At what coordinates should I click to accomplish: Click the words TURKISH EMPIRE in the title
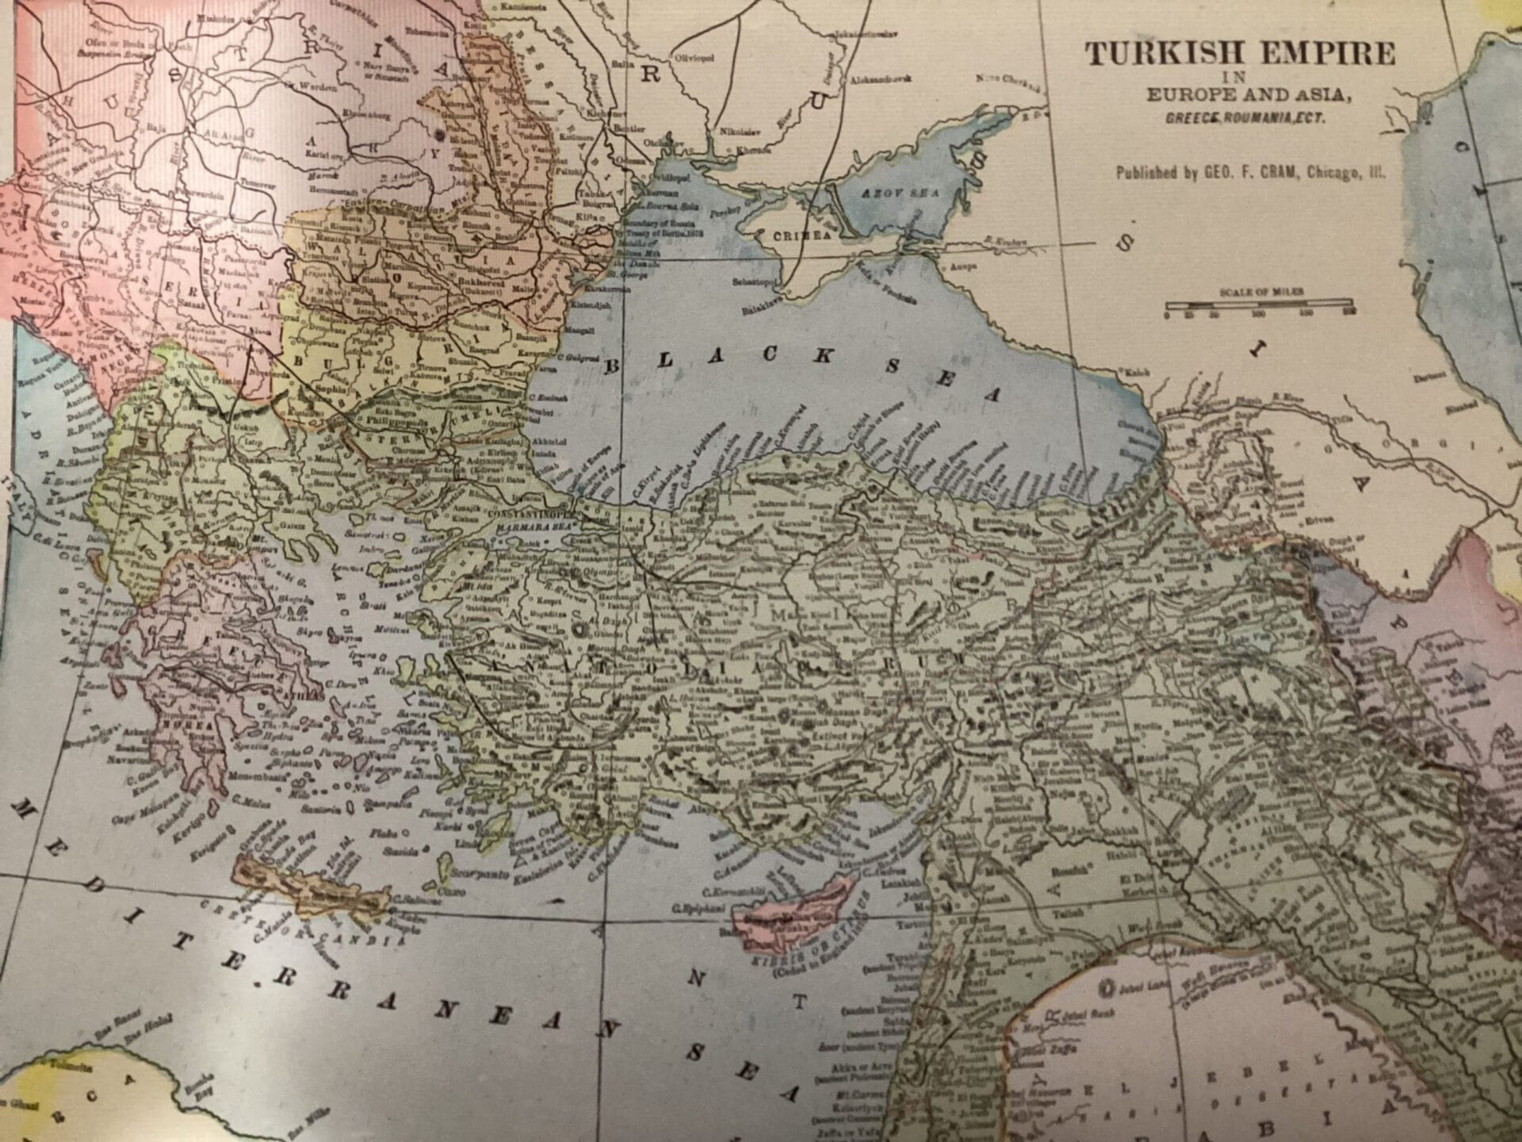1240,54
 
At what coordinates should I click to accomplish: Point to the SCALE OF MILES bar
1259,302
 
